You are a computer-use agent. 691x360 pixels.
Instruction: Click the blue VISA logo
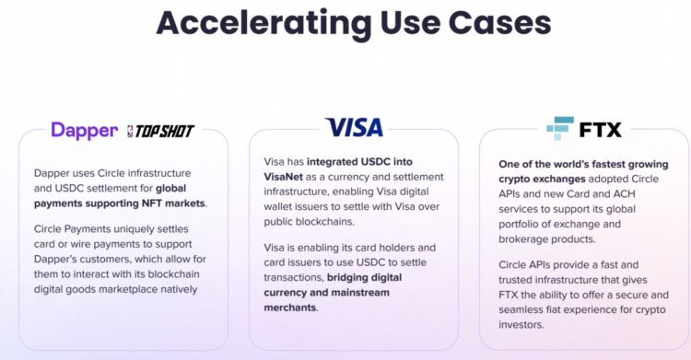point(354,127)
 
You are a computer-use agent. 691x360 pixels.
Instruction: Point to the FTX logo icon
point(560,127)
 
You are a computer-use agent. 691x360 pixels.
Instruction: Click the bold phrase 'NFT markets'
point(172,203)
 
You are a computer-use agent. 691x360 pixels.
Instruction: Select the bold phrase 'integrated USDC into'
point(362,161)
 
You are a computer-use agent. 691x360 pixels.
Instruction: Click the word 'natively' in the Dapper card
point(182,289)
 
